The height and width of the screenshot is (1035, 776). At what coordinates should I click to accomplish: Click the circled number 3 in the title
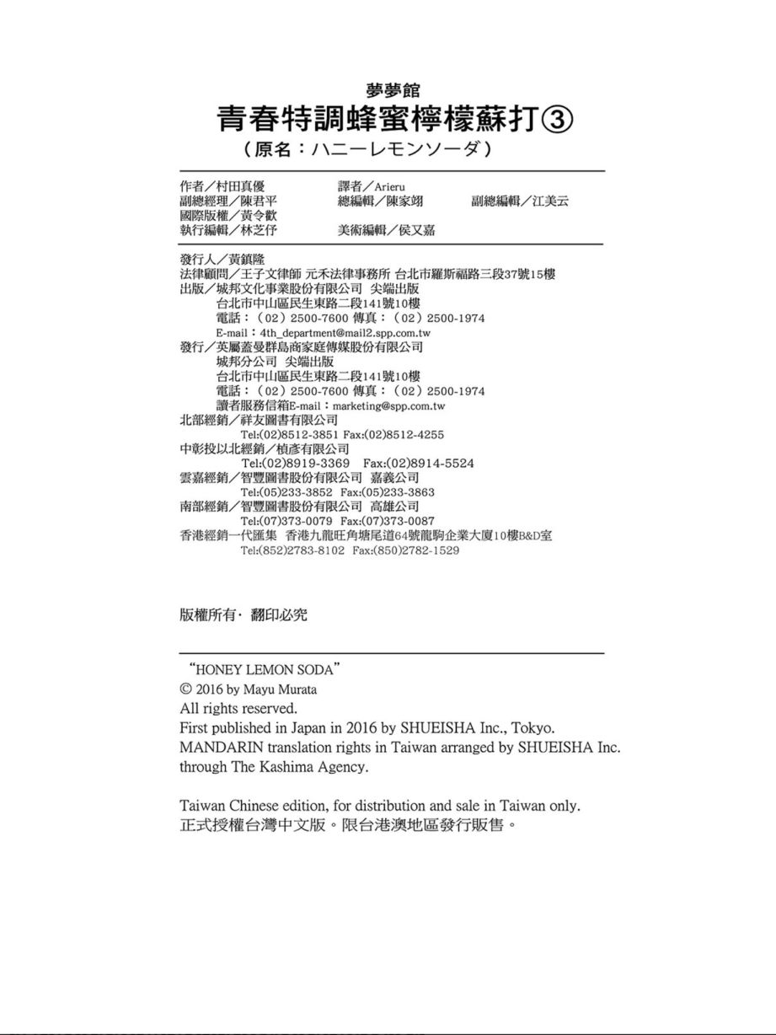pos(556,120)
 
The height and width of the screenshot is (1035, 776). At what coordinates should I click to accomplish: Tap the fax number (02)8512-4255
pos(404,434)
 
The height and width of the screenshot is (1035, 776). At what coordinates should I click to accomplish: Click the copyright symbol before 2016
pos(186,689)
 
